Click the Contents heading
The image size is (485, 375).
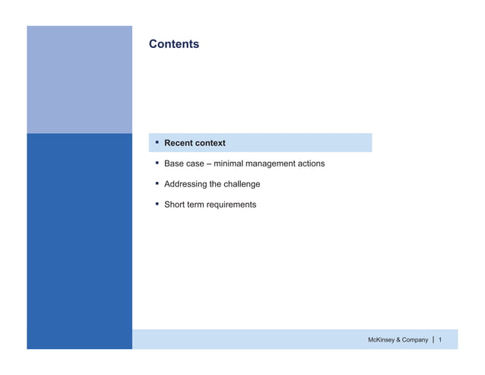click(174, 44)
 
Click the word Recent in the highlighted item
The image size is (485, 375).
click(179, 143)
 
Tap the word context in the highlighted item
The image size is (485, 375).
click(211, 143)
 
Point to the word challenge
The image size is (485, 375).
click(240, 184)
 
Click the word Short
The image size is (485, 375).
click(176, 205)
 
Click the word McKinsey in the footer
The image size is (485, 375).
click(384, 339)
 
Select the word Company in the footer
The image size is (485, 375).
click(415, 339)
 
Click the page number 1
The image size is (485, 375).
click(441, 339)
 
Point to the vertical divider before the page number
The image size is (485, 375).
click(433, 339)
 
